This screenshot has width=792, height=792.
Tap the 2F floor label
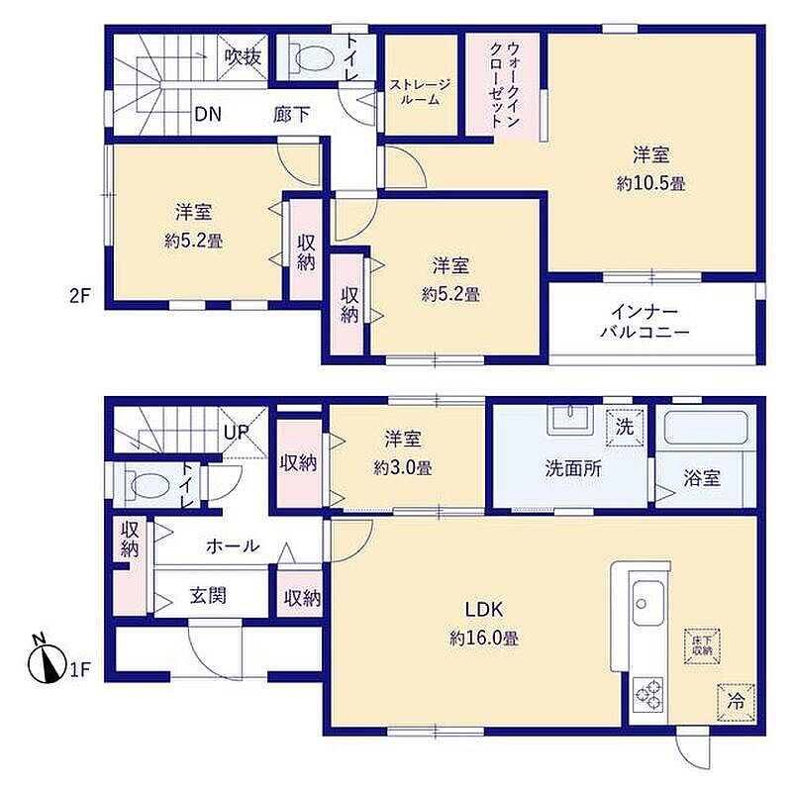click(80, 296)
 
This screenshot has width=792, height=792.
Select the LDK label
click(484, 610)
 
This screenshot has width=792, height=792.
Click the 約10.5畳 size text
click(650, 183)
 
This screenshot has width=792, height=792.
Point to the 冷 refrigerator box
click(736, 703)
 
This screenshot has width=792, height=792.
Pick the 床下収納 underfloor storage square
click(702, 646)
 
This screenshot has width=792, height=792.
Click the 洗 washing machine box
click(625, 428)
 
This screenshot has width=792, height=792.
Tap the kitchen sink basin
click(648, 603)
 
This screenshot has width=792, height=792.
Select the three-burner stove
click(648, 694)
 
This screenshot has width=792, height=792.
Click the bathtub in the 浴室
click(706, 428)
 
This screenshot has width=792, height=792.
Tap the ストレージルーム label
click(420, 92)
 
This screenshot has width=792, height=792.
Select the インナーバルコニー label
click(645, 321)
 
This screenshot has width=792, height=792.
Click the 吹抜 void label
click(243, 56)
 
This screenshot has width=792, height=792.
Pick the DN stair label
click(208, 114)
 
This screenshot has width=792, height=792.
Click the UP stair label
click(237, 432)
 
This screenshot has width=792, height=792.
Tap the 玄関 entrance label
click(208, 596)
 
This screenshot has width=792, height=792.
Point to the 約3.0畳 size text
click(403, 467)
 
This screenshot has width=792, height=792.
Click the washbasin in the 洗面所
click(570, 419)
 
